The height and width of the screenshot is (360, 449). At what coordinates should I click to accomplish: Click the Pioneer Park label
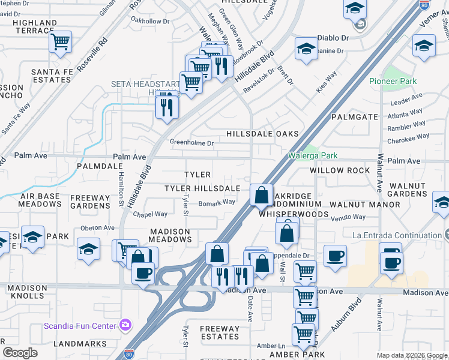coord(393,81)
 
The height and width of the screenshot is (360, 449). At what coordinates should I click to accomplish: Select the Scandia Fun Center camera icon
coord(125,325)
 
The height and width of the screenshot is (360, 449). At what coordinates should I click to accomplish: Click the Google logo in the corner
coord(20,352)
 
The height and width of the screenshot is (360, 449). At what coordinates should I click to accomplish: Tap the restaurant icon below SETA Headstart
coord(166,107)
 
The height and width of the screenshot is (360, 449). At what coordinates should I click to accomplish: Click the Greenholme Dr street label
coord(191,143)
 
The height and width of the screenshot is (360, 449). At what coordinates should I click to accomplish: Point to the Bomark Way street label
coord(217,202)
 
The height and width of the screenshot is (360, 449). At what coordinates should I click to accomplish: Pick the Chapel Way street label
coord(150,214)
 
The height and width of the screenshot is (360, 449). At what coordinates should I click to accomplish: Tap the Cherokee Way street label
coord(409,136)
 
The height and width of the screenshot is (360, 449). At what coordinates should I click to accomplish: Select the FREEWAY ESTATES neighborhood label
coord(219,333)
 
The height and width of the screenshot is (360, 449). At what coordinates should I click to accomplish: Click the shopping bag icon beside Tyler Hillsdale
coord(261,195)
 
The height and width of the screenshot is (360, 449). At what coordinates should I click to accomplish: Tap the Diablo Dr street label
coord(337,37)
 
